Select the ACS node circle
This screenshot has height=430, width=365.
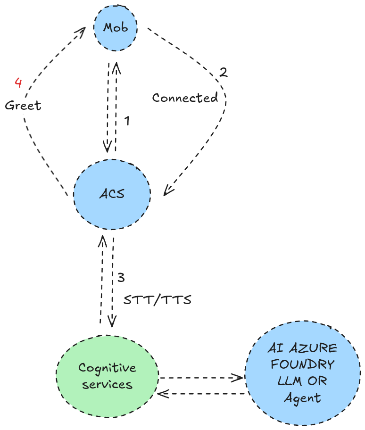pyautogui.click(x=112, y=194)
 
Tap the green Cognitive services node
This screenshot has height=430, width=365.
pyautogui.click(x=108, y=375)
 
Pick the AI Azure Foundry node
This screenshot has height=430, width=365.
pyautogui.click(x=303, y=372)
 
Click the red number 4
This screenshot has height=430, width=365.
pyautogui.click(x=18, y=83)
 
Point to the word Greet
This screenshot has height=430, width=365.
pyautogui.click(x=23, y=105)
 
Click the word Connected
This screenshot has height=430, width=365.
pyautogui.click(x=185, y=98)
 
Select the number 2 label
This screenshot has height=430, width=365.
pyautogui.click(x=223, y=73)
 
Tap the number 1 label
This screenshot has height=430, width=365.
pyautogui.click(x=126, y=121)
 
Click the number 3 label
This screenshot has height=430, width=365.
pyautogui.click(x=121, y=277)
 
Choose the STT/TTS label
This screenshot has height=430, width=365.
pyautogui.click(x=157, y=300)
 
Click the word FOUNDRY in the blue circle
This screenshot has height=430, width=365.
pyautogui.click(x=303, y=364)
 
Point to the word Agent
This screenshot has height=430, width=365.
pyautogui.click(x=303, y=397)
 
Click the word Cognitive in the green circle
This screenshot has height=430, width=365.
pyautogui.click(x=107, y=368)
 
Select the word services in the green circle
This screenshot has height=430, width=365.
pyautogui.click(x=107, y=384)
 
